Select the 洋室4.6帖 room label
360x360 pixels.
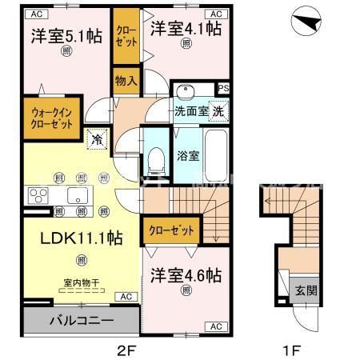[186, 275]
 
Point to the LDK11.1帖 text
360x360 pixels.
[70, 238]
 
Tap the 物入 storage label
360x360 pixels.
[126, 80]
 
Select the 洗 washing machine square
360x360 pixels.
[218, 112]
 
